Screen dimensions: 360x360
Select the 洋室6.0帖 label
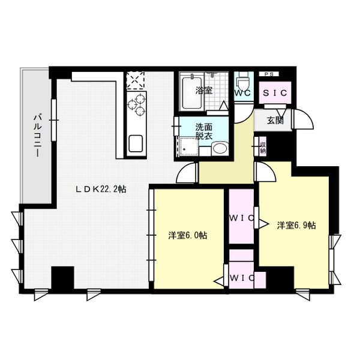tap(188, 236)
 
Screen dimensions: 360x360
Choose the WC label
tap(242, 94)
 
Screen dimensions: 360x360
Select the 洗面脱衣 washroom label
tap(203, 131)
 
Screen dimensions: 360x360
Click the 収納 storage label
tap(262, 146)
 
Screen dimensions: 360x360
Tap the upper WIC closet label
tap(241, 217)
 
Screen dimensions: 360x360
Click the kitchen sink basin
tap(135, 145)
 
